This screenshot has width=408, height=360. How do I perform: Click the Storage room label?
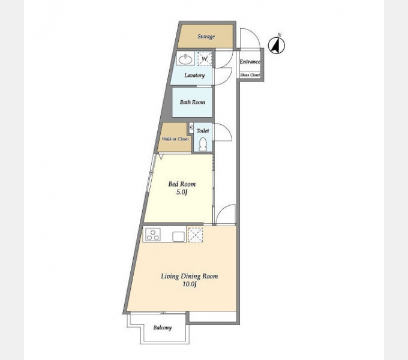(x=206, y=37)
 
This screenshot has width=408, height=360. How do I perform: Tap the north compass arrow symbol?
(x=277, y=45)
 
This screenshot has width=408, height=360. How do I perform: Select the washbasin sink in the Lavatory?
(x=186, y=59)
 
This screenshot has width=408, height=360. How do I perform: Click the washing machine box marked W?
(x=205, y=58)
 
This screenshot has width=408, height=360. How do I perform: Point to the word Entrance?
(x=250, y=62)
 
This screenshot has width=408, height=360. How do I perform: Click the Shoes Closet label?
(x=250, y=75)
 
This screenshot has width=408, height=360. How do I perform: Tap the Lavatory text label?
(x=194, y=76)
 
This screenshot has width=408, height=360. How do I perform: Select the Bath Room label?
(x=192, y=102)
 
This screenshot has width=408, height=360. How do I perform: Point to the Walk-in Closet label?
(x=175, y=139)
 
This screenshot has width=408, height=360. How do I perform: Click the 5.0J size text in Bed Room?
(x=182, y=193)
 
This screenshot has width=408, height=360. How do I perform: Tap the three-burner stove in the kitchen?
(x=153, y=235)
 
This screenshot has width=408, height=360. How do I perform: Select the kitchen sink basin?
(x=179, y=237)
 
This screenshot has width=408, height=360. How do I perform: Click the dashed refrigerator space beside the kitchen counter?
(x=196, y=235)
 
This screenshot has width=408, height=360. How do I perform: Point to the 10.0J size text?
(x=189, y=284)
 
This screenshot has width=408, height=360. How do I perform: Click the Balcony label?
(x=163, y=328)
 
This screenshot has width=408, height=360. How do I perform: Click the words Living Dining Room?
(x=190, y=276)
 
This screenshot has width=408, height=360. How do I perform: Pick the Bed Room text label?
(x=182, y=184)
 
